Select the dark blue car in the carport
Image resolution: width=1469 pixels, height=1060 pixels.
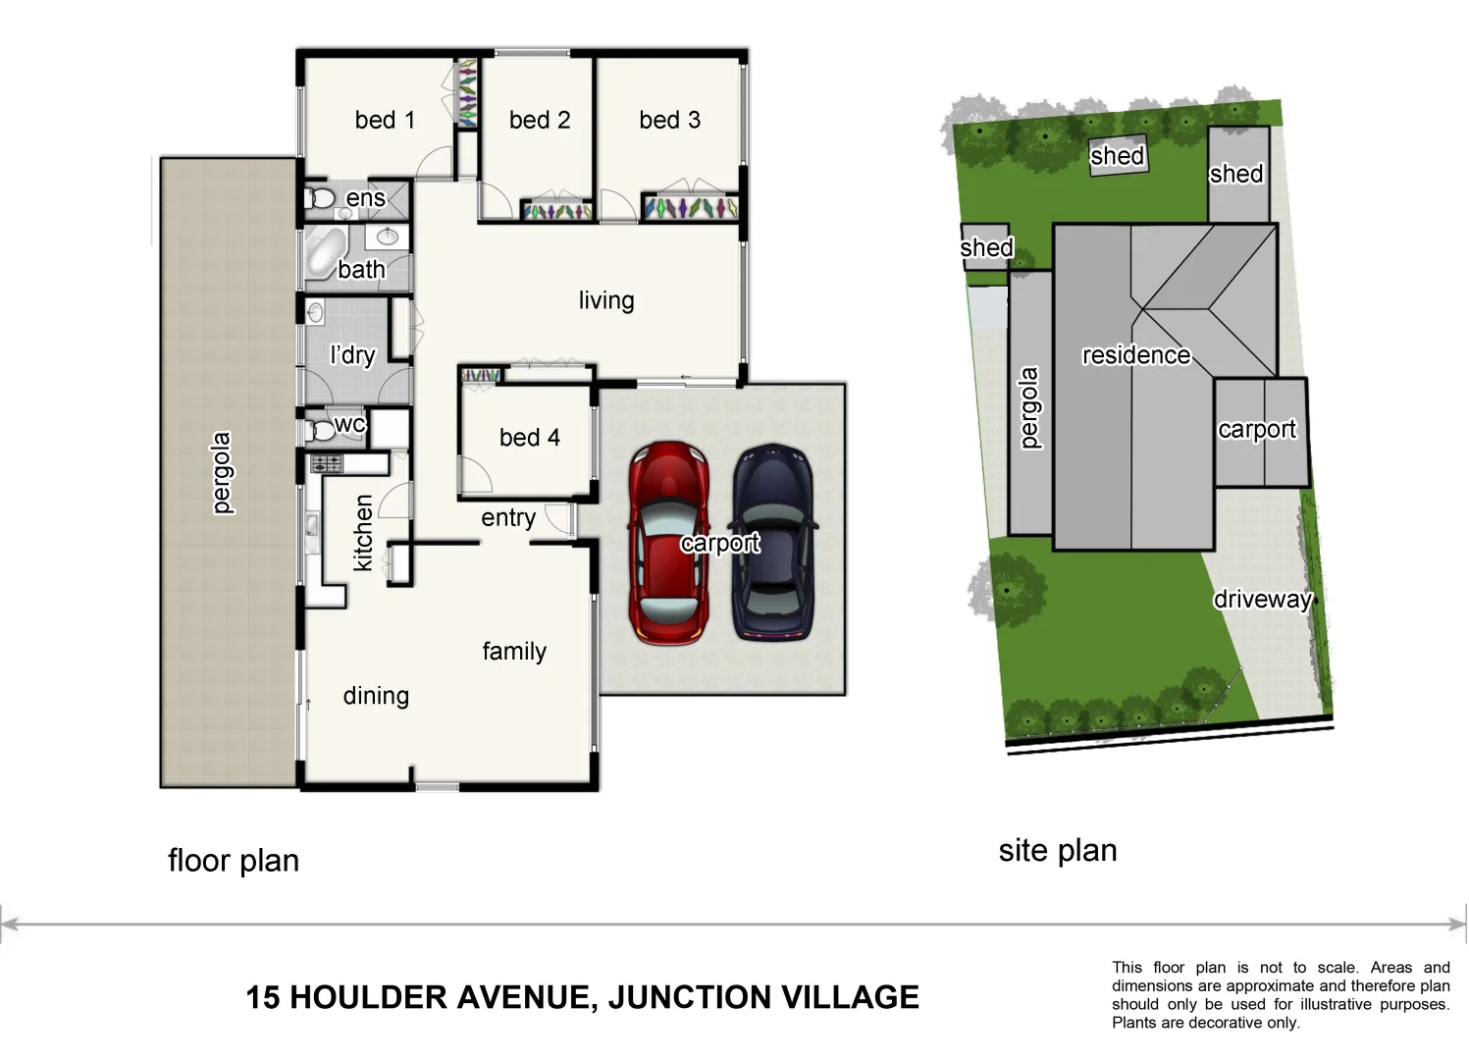point(772,543)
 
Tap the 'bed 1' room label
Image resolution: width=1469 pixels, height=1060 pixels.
point(385,120)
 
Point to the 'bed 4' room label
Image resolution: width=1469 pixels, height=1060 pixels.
point(529,437)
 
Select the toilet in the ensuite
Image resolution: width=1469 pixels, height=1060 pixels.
point(319,199)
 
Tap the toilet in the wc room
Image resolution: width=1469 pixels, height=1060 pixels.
point(319,430)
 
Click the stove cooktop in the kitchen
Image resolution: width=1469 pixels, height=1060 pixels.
point(326,464)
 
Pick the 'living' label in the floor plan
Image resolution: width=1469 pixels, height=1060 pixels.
point(605,300)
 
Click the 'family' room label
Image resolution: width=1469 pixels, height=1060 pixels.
point(514,651)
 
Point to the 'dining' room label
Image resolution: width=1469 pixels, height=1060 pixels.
point(376,696)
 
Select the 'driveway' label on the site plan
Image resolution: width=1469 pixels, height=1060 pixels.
point(1262,599)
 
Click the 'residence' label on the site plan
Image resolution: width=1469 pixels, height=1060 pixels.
point(1135,355)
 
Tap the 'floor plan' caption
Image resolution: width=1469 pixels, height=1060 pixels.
point(234,861)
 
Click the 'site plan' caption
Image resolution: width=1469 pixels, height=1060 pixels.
point(1058,850)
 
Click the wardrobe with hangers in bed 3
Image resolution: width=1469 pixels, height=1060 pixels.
point(689,208)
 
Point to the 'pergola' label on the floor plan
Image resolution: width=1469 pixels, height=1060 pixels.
point(223,473)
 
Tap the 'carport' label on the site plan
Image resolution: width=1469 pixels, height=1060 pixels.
point(1256,429)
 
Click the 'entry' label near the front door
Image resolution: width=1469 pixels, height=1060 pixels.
point(507,517)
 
